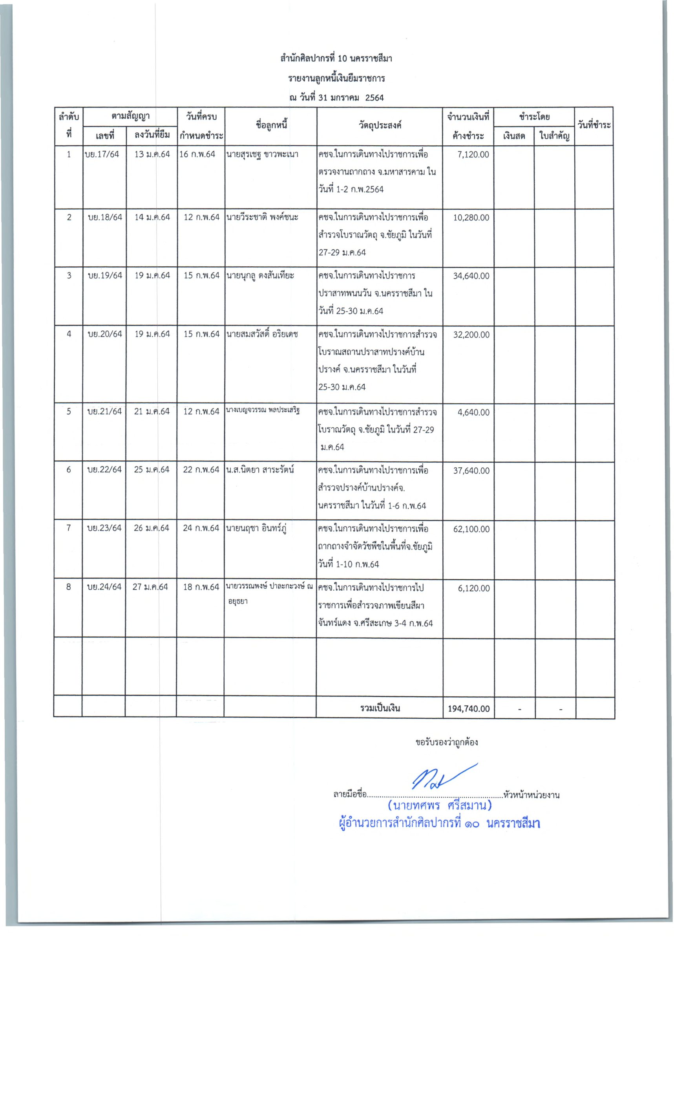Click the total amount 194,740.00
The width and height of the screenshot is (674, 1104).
click(468, 709)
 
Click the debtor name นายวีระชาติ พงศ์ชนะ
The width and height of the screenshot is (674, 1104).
click(262, 217)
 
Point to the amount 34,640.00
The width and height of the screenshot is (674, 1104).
click(471, 276)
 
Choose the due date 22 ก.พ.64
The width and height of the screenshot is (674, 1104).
click(201, 470)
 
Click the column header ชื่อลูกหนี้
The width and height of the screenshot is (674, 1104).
click(271, 125)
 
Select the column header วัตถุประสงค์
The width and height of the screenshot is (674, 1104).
click(380, 125)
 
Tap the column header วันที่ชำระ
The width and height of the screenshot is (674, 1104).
click(594, 125)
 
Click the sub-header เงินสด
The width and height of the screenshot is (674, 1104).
click(514, 136)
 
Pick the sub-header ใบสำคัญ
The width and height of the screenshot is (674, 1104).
click(554, 136)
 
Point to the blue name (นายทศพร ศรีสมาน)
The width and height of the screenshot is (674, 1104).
click(440, 806)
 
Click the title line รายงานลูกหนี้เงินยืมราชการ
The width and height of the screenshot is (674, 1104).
click(336, 79)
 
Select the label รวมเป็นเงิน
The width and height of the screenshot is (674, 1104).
click(380, 709)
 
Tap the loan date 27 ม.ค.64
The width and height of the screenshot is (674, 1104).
click(150, 587)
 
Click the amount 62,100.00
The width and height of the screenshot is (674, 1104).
click(471, 529)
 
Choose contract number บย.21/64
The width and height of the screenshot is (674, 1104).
click(104, 411)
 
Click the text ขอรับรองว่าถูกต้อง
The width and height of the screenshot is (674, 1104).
click(446, 742)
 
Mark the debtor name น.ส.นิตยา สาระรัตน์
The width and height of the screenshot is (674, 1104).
click(260, 470)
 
